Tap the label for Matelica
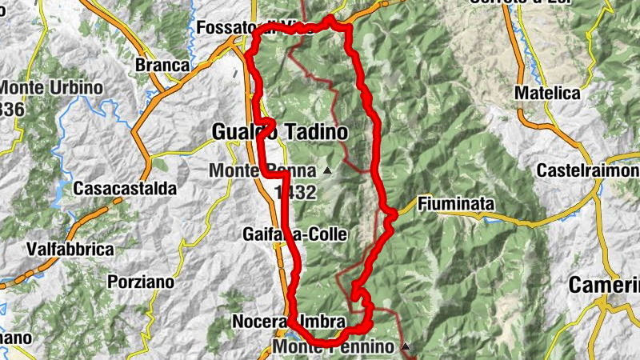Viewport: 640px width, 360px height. (x=546, y=93)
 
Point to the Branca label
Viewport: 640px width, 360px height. (x=162, y=65)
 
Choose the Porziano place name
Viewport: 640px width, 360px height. (x=140, y=282)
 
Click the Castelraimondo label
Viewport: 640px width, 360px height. (x=588, y=171)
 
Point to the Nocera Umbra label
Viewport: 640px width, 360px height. (x=288, y=322)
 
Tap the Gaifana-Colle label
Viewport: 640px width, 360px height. (x=294, y=234)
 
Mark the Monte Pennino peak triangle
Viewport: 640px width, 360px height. (x=406, y=346)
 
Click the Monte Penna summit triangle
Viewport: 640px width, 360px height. (x=326, y=170)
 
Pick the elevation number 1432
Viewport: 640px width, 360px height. (x=294, y=192)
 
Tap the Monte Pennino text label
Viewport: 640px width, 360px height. (x=334, y=347)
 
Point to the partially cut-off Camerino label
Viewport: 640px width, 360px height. (x=604, y=286)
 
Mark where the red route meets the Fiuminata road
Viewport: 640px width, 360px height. (x=392, y=214)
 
